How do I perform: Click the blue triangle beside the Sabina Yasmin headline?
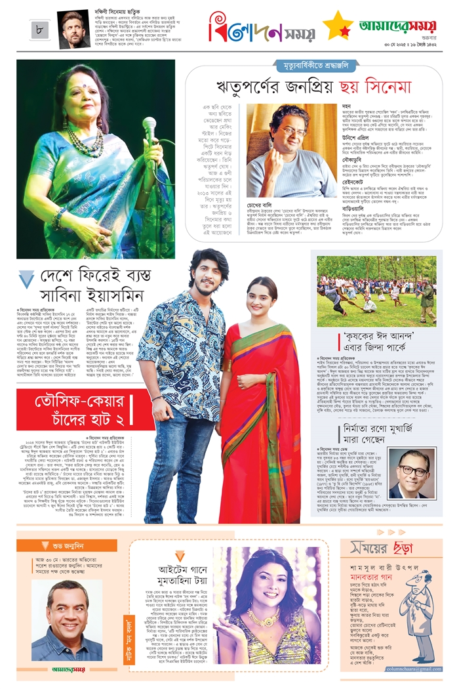(26, 281)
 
